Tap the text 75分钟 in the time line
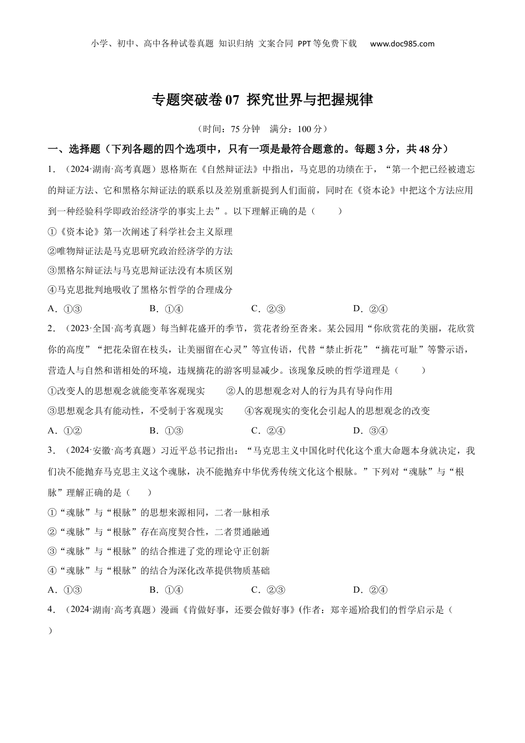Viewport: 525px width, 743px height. click(245, 129)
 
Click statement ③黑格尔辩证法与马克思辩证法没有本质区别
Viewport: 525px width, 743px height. click(140, 270)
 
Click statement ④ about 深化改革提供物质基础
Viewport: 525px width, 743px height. click(159, 571)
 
